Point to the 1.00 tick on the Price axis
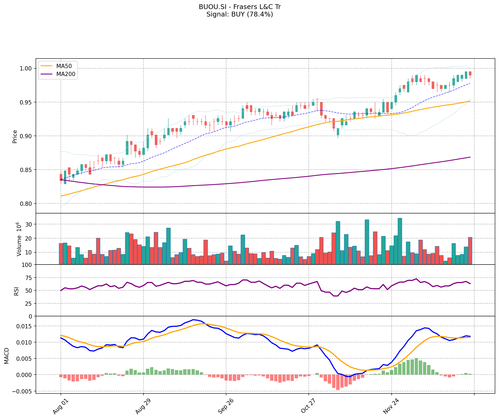pos(26,69)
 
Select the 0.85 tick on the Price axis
pos(26,170)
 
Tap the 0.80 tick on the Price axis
pos(26,204)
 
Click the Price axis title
pos(15,137)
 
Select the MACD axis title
pos(7,356)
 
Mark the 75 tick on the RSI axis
pos(28,278)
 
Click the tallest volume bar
pos(400,241)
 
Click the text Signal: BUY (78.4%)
pos(240,14)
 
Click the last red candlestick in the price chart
pos(470,73)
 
